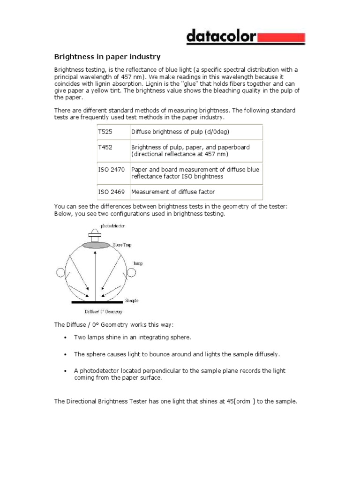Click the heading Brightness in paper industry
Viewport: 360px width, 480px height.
tap(107, 57)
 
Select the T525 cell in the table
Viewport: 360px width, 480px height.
tap(105, 132)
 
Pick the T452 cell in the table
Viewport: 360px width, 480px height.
tap(105, 147)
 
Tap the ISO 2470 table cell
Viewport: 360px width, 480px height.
tap(112, 170)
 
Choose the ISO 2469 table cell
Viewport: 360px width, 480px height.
tap(112, 192)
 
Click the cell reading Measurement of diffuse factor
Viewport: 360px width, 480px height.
tap(173, 192)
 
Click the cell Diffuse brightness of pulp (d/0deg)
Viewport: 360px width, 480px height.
tap(180, 132)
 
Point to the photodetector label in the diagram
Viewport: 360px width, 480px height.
tap(112, 226)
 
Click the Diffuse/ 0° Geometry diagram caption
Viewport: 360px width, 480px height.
tap(103, 311)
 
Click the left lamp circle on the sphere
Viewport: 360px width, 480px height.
tap(60, 272)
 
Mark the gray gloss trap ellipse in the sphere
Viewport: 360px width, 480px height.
tap(96, 245)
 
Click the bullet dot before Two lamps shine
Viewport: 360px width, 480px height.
tap(64, 337)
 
